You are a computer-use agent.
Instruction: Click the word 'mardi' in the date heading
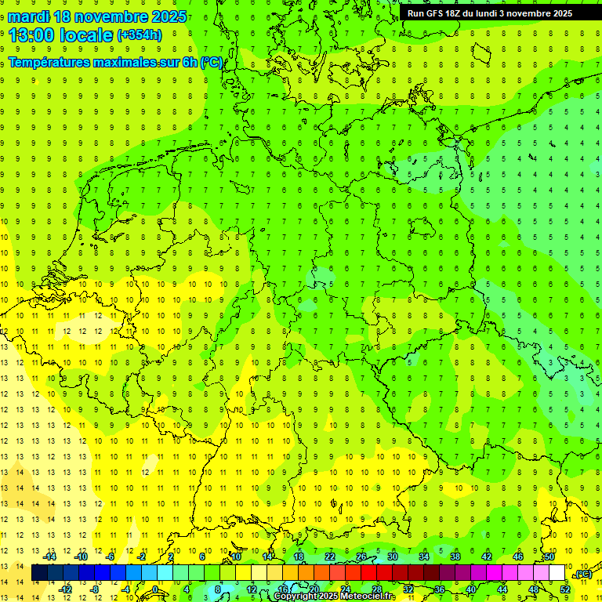point(34,16)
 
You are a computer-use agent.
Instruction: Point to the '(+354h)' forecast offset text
point(139,35)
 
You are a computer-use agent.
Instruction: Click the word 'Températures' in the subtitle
point(49,62)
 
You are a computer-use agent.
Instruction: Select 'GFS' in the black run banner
point(433,13)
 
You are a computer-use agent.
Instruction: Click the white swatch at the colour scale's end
point(557,573)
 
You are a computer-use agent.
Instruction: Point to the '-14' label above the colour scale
point(50,556)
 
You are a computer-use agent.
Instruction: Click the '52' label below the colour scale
point(565,589)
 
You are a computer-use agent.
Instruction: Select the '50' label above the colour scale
point(549,556)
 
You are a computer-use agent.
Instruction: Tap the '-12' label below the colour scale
point(66,589)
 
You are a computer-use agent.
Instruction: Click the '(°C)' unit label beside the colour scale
point(582,574)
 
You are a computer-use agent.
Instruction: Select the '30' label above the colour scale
point(393,556)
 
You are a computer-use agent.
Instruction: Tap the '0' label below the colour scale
point(155,589)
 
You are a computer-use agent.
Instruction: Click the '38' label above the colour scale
point(455,556)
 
